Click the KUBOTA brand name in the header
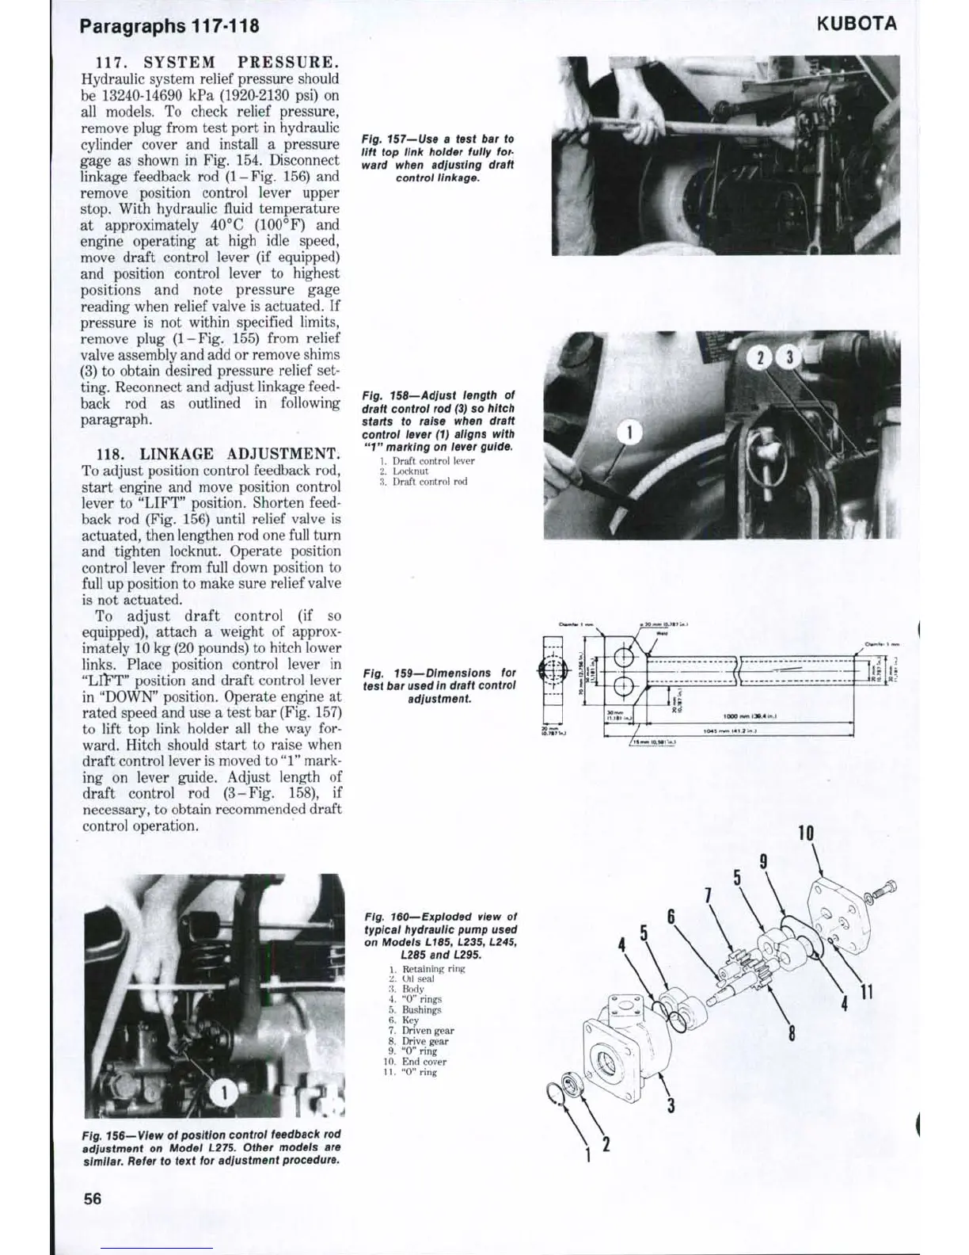857,23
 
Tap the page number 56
93,1198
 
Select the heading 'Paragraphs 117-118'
169,25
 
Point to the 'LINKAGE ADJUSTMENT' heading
240,454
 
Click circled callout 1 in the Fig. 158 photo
629,433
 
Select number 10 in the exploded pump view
806,833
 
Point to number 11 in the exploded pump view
867,990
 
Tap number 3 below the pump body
671,1104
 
